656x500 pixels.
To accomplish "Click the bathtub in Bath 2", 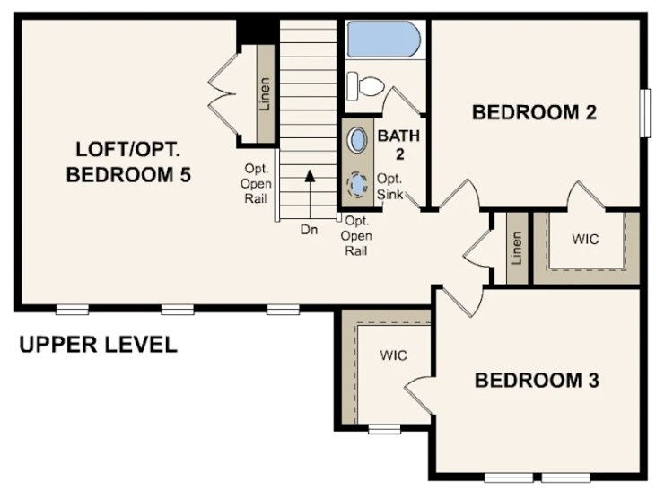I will pyautogui.click(x=383, y=40).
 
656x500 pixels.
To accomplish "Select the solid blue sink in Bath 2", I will pyautogui.click(x=357, y=141).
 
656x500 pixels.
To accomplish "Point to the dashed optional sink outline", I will pyautogui.click(x=357, y=185).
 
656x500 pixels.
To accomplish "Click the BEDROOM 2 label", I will pyautogui.click(x=535, y=112).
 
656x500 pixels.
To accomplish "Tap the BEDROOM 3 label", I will pyautogui.click(x=537, y=380).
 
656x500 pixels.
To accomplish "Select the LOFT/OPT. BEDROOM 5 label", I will pyautogui.click(x=128, y=162).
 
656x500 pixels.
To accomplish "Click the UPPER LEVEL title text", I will pyautogui.click(x=99, y=345).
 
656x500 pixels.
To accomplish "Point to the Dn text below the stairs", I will pyautogui.click(x=310, y=230).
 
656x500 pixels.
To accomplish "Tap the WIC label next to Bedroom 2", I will pyautogui.click(x=585, y=240).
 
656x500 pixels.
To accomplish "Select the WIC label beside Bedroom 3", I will pyautogui.click(x=392, y=355).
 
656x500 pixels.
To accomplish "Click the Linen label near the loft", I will pyautogui.click(x=266, y=93).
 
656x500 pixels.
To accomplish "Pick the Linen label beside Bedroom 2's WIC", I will pyautogui.click(x=516, y=249).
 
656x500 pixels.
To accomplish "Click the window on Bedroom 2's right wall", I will pyautogui.click(x=643, y=113).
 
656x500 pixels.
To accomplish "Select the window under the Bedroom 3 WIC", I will pyautogui.click(x=385, y=428).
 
